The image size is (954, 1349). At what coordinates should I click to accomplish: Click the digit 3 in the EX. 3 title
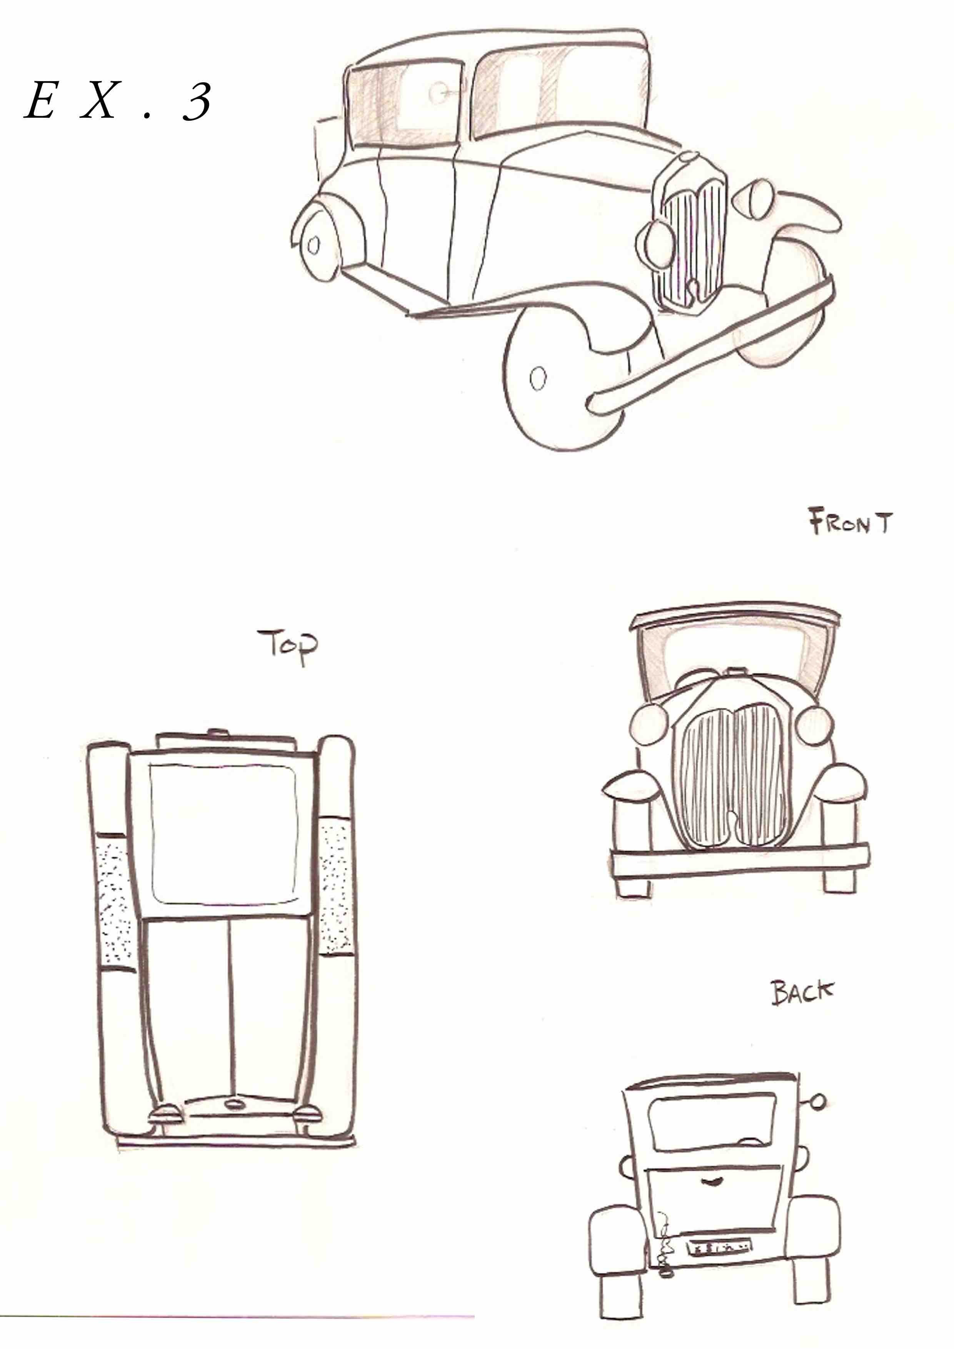coord(196,101)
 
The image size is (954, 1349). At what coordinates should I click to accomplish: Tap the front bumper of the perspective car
coord(711,347)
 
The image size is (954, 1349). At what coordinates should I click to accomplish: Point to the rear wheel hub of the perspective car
coord(313,245)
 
